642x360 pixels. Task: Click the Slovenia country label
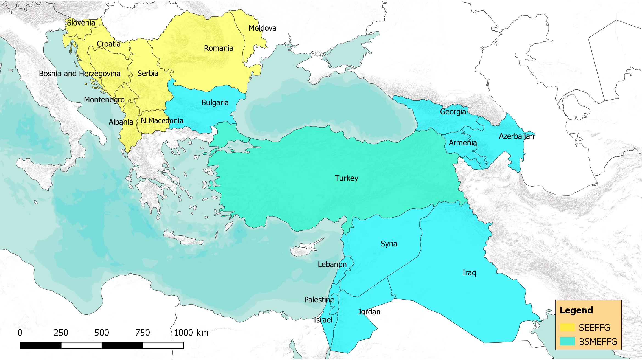point(81,23)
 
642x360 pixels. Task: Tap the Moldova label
point(262,28)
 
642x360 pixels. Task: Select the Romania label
point(218,48)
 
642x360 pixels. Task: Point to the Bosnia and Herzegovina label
point(80,74)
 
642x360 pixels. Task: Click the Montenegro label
point(104,100)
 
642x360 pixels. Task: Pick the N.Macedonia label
point(162,121)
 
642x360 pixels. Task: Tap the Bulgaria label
point(215,103)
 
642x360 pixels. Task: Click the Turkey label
point(346,178)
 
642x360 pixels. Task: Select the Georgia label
point(453,112)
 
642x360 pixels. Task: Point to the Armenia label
point(463,143)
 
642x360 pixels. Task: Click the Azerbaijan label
point(517,136)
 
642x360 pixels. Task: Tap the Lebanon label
point(332,265)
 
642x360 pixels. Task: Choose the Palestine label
point(319,300)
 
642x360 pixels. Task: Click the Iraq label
point(469,273)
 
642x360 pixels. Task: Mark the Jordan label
point(369,312)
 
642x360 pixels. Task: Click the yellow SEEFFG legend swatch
point(567,327)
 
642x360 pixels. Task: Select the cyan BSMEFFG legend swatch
point(567,341)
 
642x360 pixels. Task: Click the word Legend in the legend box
point(576,310)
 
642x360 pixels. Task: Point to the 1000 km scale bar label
point(191,333)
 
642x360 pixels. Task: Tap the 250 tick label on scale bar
point(61,333)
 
